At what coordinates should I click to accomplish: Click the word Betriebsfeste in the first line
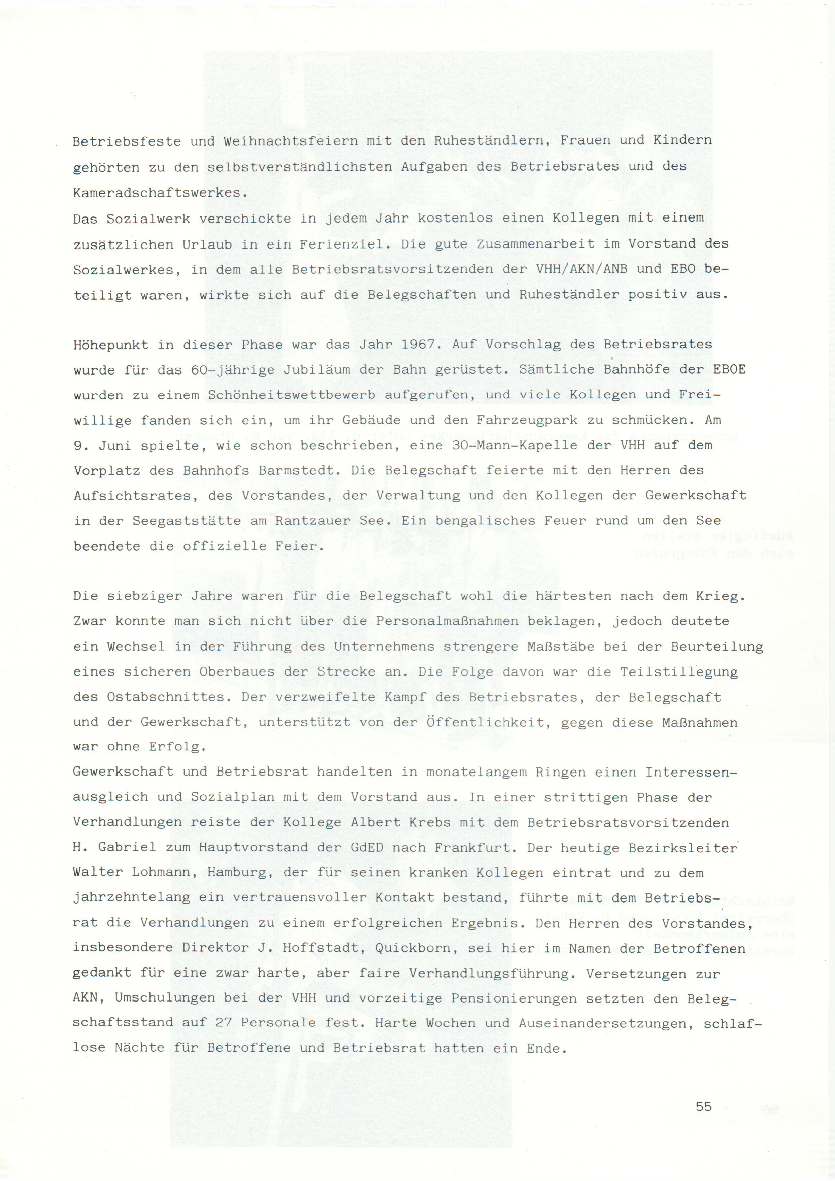pos(127,141)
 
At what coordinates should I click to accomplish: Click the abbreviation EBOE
pos(729,370)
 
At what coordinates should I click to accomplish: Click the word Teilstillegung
pos(679,672)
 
